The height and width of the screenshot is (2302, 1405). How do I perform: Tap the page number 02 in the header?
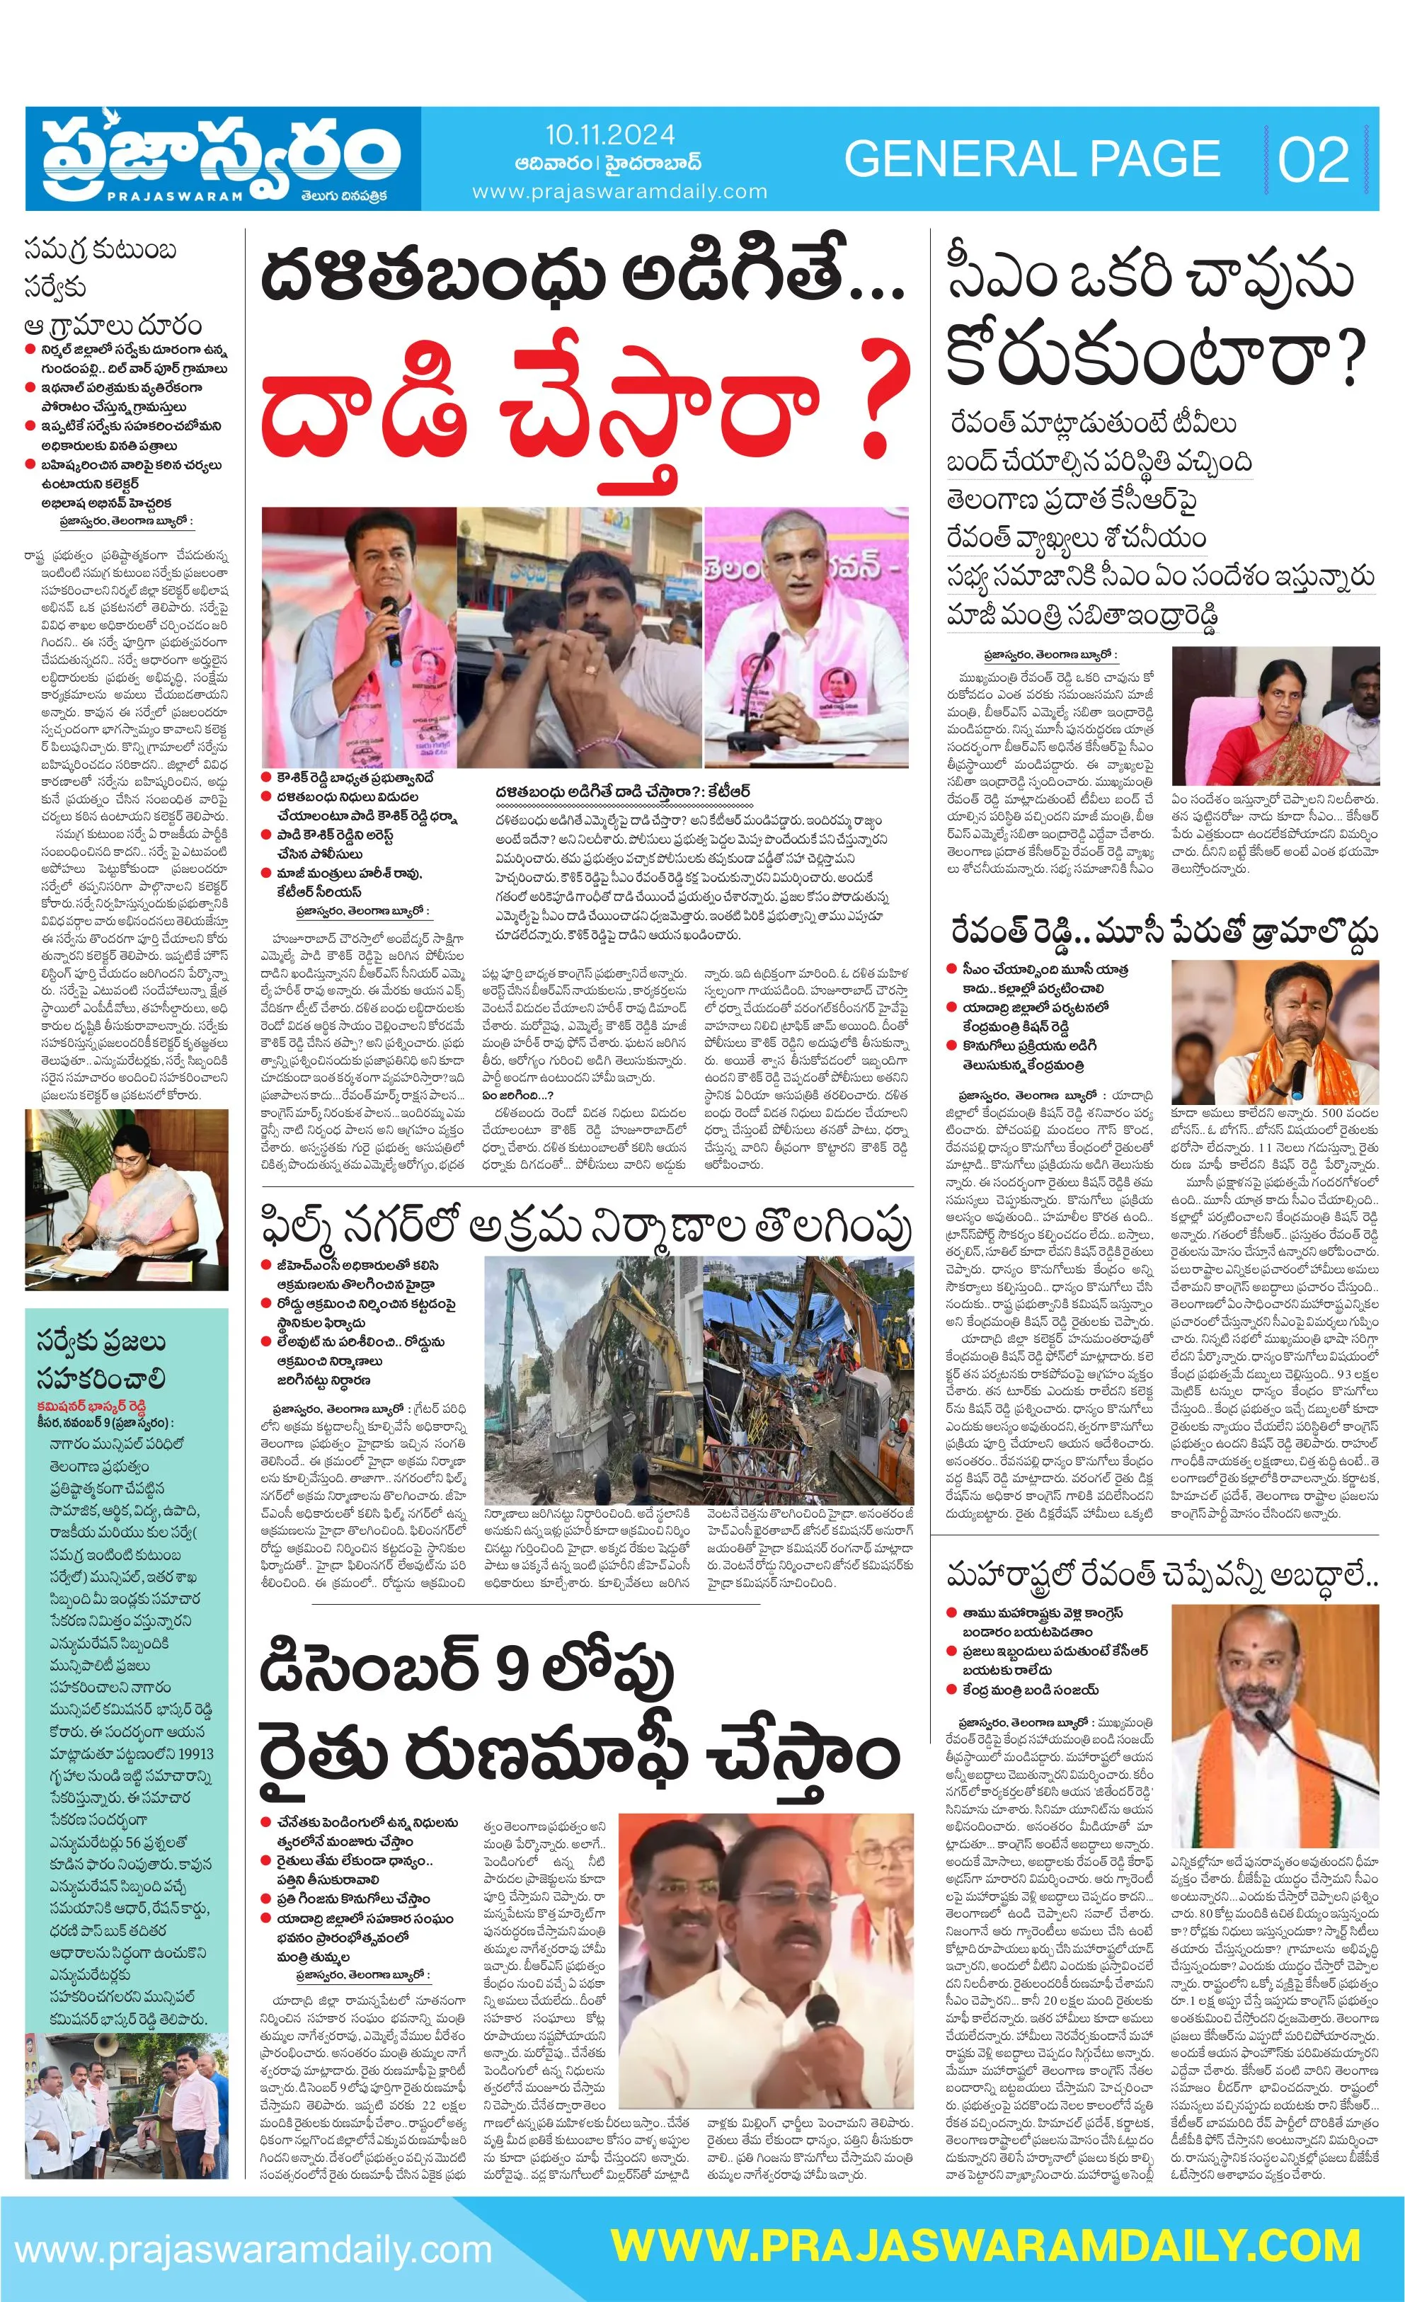(x=1314, y=160)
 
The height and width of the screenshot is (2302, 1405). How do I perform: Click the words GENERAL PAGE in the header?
(x=1032, y=159)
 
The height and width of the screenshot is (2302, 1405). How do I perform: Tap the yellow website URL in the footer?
(x=985, y=2247)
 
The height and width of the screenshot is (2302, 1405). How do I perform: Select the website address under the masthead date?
(x=619, y=192)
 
